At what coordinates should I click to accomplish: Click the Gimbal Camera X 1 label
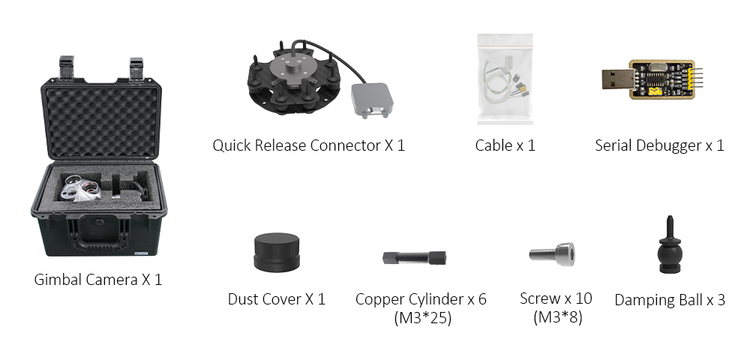(x=97, y=280)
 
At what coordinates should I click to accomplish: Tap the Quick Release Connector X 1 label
(x=308, y=145)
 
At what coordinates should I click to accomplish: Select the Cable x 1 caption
(x=505, y=145)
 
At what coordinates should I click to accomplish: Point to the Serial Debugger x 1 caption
(x=659, y=145)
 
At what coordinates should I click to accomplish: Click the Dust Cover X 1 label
(x=276, y=299)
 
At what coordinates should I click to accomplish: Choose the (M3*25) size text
(x=421, y=318)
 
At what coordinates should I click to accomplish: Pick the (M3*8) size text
(x=556, y=317)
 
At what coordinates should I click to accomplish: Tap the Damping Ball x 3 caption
(x=670, y=300)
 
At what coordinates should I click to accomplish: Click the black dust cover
(x=276, y=253)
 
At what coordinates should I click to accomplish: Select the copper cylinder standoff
(x=415, y=257)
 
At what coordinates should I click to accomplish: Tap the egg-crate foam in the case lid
(x=99, y=120)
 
